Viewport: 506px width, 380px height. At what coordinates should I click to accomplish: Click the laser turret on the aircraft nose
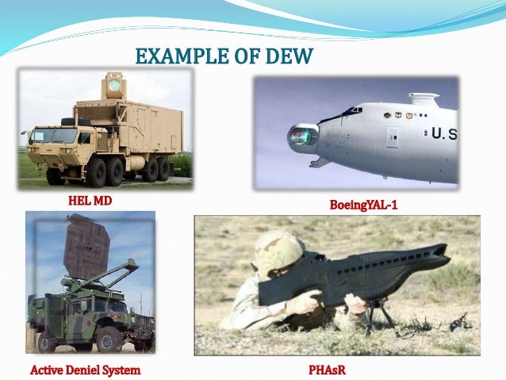[x=302, y=138]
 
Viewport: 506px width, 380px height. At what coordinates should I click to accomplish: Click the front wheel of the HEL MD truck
[x=56, y=175]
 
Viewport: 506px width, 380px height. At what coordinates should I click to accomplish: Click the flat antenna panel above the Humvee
[x=86, y=247]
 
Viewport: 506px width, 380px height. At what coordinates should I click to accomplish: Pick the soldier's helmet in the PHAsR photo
[x=278, y=253]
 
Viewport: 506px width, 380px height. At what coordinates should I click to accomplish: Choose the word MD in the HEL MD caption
[x=102, y=202]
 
